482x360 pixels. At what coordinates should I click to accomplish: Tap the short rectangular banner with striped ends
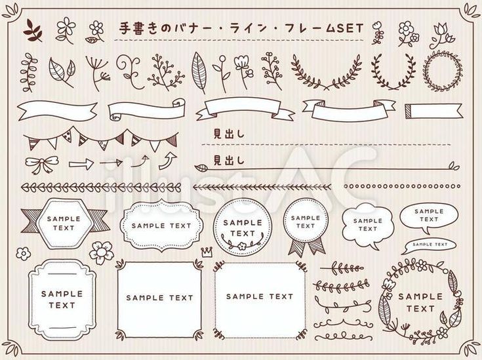coord(427,110)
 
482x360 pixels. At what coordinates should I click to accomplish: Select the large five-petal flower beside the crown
coord(102,250)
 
